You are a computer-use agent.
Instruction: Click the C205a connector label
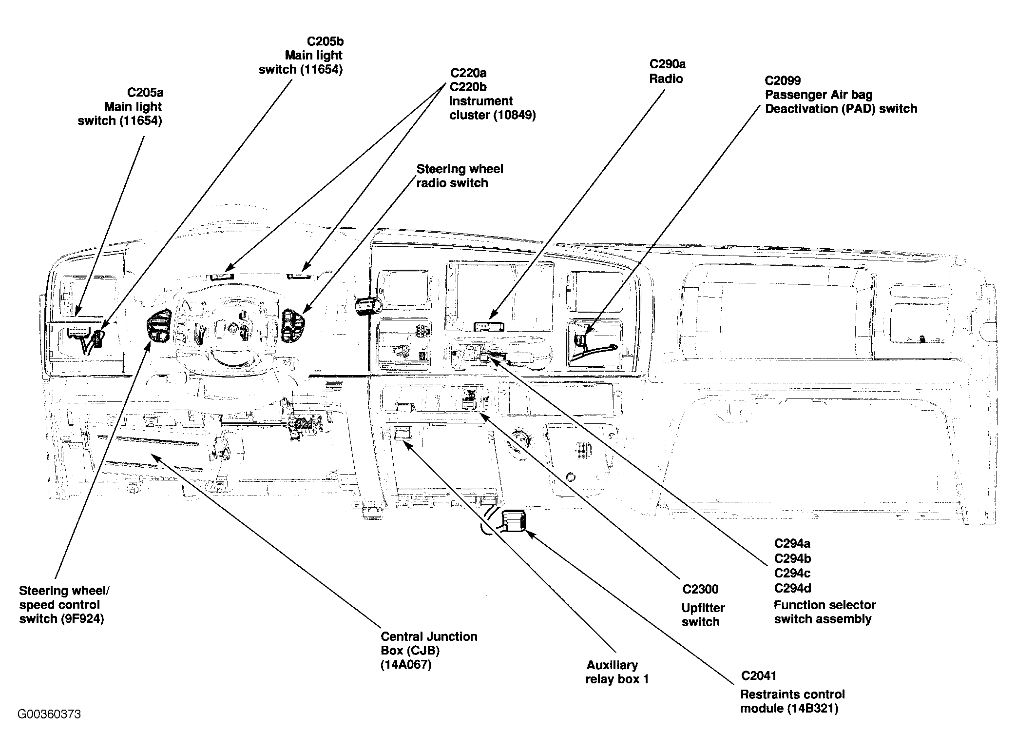click(145, 92)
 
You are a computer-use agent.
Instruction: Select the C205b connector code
click(325, 41)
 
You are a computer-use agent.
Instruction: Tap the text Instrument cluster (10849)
click(492, 108)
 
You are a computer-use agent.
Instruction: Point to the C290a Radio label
click(667, 71)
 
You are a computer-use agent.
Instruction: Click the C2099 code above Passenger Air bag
click(783, 80)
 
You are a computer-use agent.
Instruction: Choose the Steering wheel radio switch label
click(459, 176)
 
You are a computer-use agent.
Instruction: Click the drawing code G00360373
click(49, 714)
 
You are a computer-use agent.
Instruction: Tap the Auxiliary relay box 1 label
click(617, 672)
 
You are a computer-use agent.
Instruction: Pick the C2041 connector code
click(759, 676)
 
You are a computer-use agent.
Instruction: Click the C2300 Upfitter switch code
click(700, 589)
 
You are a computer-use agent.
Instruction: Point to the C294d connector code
click(792, 588)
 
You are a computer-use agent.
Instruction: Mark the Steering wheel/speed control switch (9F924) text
click(64, 605)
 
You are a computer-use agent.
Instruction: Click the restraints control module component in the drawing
click(514, 521)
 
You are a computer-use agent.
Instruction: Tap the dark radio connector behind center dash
click(489, 326)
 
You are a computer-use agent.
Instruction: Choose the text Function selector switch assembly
click(824, 612)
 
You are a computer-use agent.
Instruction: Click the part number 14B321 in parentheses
click(812, 708)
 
